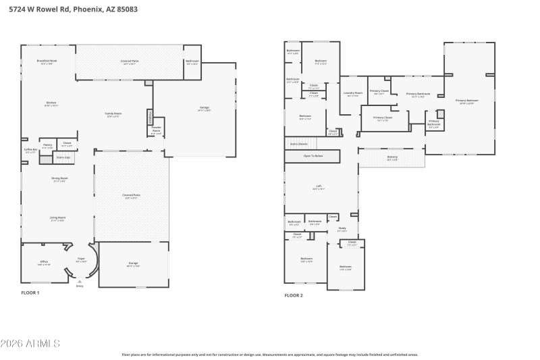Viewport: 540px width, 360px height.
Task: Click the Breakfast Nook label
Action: (x=46, y=61)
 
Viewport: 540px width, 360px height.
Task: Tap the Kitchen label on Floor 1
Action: (x=51, y=103)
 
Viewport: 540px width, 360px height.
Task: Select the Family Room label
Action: (x=113, y=114)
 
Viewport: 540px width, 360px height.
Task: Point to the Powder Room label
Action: (x=156, y=128)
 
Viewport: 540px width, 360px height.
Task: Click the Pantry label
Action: (x=48, y=145)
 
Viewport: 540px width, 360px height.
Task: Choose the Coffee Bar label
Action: (x=30, y=150)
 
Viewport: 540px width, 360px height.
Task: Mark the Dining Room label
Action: (x=60, y=179)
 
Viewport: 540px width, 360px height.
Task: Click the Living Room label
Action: (x=57, y=218)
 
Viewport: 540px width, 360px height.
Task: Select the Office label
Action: (x=43, y=262)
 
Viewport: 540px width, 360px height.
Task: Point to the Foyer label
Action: (x=81, y=259)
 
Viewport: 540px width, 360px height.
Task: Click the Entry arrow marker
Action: (x=80, y=281)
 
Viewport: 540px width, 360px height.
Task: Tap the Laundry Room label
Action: (x=353, y=93)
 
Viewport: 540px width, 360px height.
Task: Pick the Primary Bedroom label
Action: (x=466, y=101)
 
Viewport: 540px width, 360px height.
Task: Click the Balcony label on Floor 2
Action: (x=392, y=157)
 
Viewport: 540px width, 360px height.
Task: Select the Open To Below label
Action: (x=313, y=156)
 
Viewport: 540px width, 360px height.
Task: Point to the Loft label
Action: (x=319, y=186)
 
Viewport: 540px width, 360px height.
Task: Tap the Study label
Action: (x=342, y=228)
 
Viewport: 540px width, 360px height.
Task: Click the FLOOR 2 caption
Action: (x=294, y=295)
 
